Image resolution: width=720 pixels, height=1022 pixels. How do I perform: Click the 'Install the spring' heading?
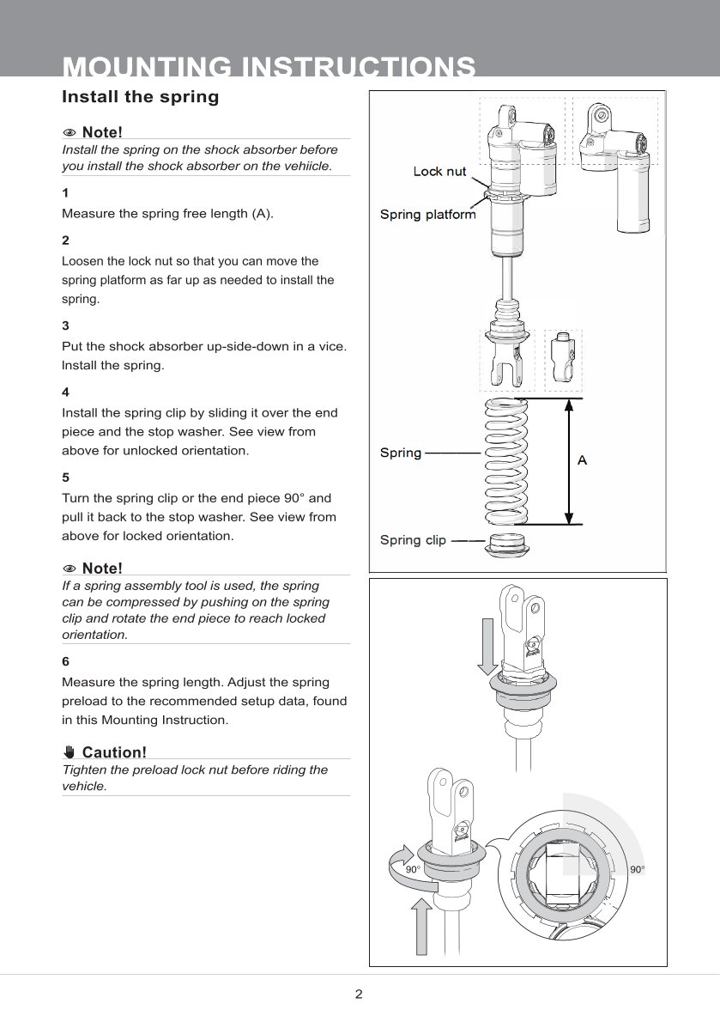[x=140, y=97]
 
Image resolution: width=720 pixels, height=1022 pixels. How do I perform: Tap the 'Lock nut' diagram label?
[x=439, y=172]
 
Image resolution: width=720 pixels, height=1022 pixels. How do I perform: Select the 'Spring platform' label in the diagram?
[x=427, y=215]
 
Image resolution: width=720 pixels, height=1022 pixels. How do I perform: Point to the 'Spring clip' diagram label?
[x=413, y=540]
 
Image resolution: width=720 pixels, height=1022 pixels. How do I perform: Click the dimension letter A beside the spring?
[x=582, y=460]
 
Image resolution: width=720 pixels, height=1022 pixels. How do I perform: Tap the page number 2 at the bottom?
[x=359, y=995]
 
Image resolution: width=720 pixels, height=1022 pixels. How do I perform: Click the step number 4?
[x=66, y=392]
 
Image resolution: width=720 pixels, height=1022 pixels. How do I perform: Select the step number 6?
[x=66, y=661]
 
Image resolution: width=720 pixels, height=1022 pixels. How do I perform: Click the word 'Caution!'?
[x=114, y=752]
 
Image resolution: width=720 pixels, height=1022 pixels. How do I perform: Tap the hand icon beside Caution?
[x=70, y=752]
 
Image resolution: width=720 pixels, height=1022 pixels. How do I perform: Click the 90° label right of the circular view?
[x=637, y=870]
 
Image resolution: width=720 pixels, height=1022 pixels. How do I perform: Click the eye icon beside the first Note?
[x=70, y=132]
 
